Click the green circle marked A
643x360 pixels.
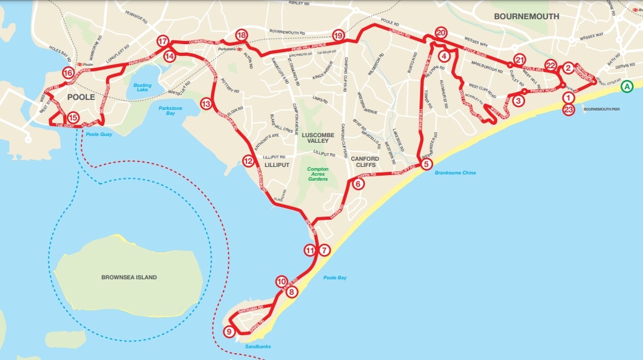click(x=627, y=87)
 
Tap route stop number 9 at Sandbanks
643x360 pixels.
click(x=229, y=332)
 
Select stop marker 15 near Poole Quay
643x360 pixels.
click(x=73, y=117)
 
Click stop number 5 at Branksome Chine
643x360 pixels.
click(x=426, y=164)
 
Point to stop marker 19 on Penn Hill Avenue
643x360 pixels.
click(x=338, y=35)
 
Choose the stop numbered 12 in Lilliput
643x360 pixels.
click(x=248, y=161)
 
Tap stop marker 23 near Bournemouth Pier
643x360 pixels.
click(x=569, y=110)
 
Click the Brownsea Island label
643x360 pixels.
click(x=129, y=277)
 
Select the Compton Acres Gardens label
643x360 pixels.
click(x=317, y=174)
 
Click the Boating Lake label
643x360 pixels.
click(x=142, y=88)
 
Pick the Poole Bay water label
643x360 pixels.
click(x=335, y=277)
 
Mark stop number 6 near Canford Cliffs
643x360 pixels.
click(x=358, y=183)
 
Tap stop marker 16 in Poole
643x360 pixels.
click(x=68, y=73)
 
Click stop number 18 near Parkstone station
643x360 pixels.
click(x=241, y=35)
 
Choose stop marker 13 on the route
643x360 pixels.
click(x=206, y=104)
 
